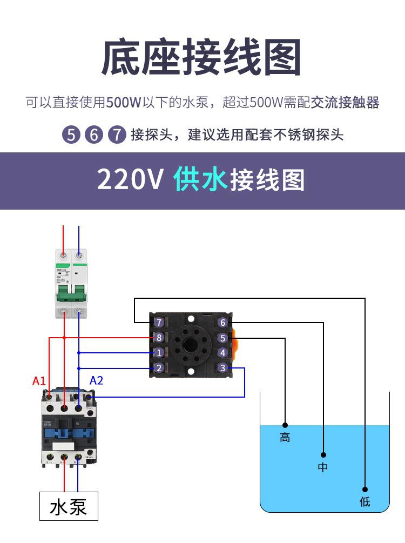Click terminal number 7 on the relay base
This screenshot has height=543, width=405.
pyautogui.click(x=159, y=323)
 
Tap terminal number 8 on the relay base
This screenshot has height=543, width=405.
pyautogui.click(x=159, y=338)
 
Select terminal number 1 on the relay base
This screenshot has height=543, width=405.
pyautogui.click(x=159, y=353)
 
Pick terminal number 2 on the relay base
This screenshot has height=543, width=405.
pyautogui.click(x=159, y=368)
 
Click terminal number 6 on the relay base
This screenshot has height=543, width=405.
pyautogui.click(x=222, y=323)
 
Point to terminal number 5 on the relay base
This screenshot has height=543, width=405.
pyautogui.click(x=222, y=338)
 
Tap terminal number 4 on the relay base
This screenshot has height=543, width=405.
pyautogui.click(x=222, y=353)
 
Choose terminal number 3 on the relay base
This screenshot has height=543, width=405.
pyautogui.click(x=222, y=368)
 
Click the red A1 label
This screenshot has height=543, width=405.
pyautogui.click(x=39, y=381)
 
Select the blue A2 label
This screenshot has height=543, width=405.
pyautogui.click(x=96, y=381)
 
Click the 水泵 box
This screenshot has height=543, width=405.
pyautogui.click(x=69, y=506)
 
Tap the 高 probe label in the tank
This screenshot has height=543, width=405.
pyautogui.click(x=285, y=438)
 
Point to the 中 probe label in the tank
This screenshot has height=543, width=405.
pyautogui.click(x=323, y=467)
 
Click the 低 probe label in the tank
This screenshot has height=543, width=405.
pyautogui.click(x=365, y=501)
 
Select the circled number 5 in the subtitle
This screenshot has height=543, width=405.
pyautogui.click(x=71, y=135)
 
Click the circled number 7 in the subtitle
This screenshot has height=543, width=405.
pyautogui.click(x=117, y=135)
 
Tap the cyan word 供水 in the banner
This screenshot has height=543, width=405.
pyautogui.click(x=201, y=180)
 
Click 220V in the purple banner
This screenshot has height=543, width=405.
pyautogui.click(x=130, y=180)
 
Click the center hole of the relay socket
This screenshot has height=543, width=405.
pyautogui.click(x=191, y=345)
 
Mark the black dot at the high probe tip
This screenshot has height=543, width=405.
pyautogui.click(x=285, y=425)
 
